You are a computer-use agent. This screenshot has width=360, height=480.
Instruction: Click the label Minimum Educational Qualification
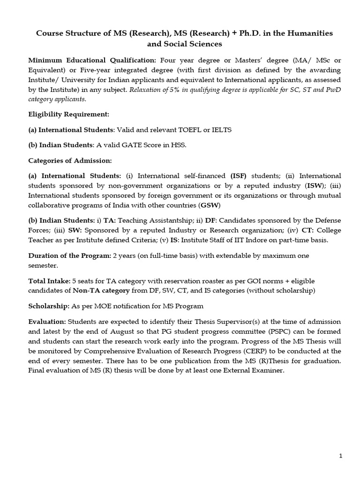coord(93,60)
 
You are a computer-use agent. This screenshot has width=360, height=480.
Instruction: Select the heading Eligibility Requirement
coord(68,113)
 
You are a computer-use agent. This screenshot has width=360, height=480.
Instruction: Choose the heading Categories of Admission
coord(70,161)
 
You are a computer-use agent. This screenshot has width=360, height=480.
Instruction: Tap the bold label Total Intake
coord(48,281)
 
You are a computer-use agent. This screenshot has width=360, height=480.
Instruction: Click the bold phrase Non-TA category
coord(100,291)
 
